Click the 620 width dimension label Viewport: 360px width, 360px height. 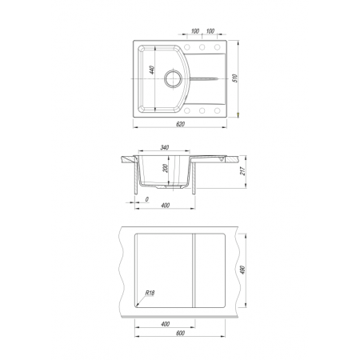[181, 124]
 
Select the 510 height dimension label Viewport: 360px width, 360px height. [235, 78]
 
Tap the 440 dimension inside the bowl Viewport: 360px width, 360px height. [152, 70]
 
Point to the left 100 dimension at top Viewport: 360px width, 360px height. [195, 31]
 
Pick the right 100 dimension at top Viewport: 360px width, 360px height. [210, 31]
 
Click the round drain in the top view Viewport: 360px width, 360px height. [174, 79]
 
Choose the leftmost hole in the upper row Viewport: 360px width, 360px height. [187, 47]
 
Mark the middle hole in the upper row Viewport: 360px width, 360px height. [202, 47]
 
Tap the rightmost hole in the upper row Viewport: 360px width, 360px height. [218, 47]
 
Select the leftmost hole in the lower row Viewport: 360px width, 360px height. [187, 110]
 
